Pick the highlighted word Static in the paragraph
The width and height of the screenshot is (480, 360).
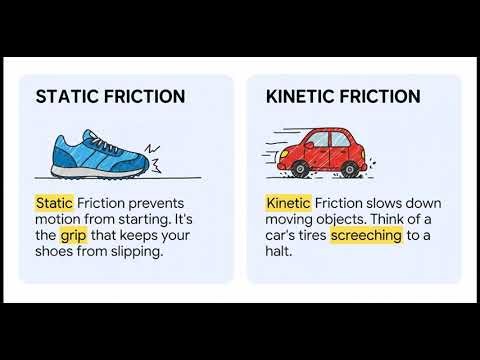[54, 203]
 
